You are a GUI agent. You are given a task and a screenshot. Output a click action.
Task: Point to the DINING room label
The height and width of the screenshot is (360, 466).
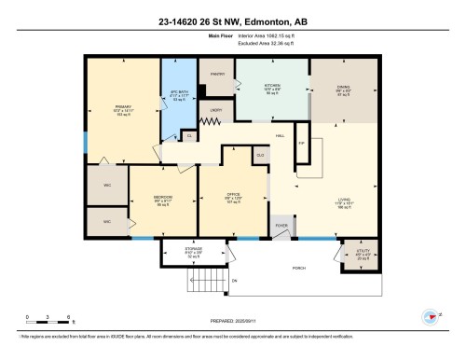point(343,89)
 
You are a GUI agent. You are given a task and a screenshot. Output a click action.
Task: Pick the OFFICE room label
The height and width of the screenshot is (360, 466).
point(234,197)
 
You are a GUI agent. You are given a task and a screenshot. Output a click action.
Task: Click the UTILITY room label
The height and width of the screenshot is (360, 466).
point(363,253)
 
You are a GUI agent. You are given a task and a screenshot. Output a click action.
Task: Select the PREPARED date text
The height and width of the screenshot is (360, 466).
point(232,320)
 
